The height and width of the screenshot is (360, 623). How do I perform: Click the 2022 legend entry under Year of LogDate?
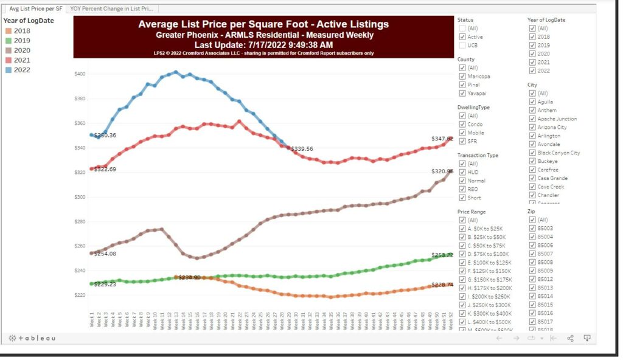(22, 70)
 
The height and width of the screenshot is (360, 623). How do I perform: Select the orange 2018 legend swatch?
(7, 31)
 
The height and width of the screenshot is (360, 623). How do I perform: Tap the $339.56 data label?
(302, 148)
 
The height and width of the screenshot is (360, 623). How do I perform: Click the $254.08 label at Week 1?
(105, 254)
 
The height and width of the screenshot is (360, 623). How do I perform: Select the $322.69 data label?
(105, 169)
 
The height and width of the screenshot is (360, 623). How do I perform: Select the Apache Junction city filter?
(533, 119)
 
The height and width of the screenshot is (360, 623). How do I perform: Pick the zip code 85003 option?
(533, 229)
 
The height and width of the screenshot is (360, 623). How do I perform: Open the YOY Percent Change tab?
(113, 9)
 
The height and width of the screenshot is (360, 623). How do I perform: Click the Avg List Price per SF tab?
(35, 9)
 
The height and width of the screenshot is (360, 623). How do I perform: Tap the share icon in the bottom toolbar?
(570, 338)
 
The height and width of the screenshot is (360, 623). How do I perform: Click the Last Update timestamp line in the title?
(263, 45)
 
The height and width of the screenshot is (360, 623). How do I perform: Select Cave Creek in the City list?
(533, 187)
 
